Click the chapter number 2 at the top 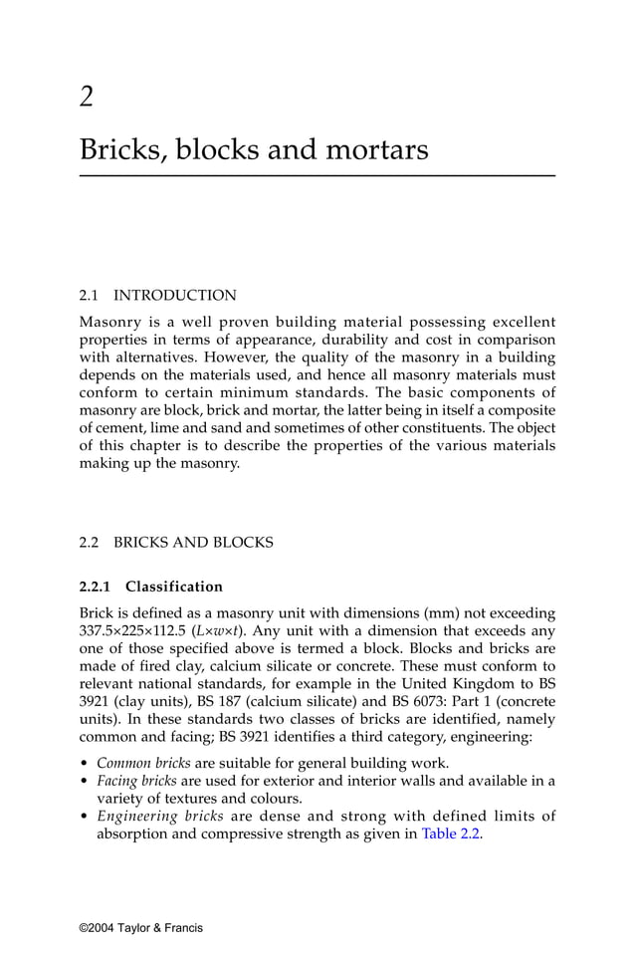pyautogui.click(x=87, y=96)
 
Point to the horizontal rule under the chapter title pyautogui.click(x=317, y=176)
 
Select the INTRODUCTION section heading pyautogui.click(x=175, y=296)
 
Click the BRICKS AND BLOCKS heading pyautogui.click(x=193, y=543)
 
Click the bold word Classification pyautogui.click(x=174, y=587)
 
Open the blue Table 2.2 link pyautogui.click(x=452, y=834)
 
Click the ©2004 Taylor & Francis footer pyautogui.click(x=141, y=928)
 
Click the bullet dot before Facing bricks pyautogui.click(x=84, y=781)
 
